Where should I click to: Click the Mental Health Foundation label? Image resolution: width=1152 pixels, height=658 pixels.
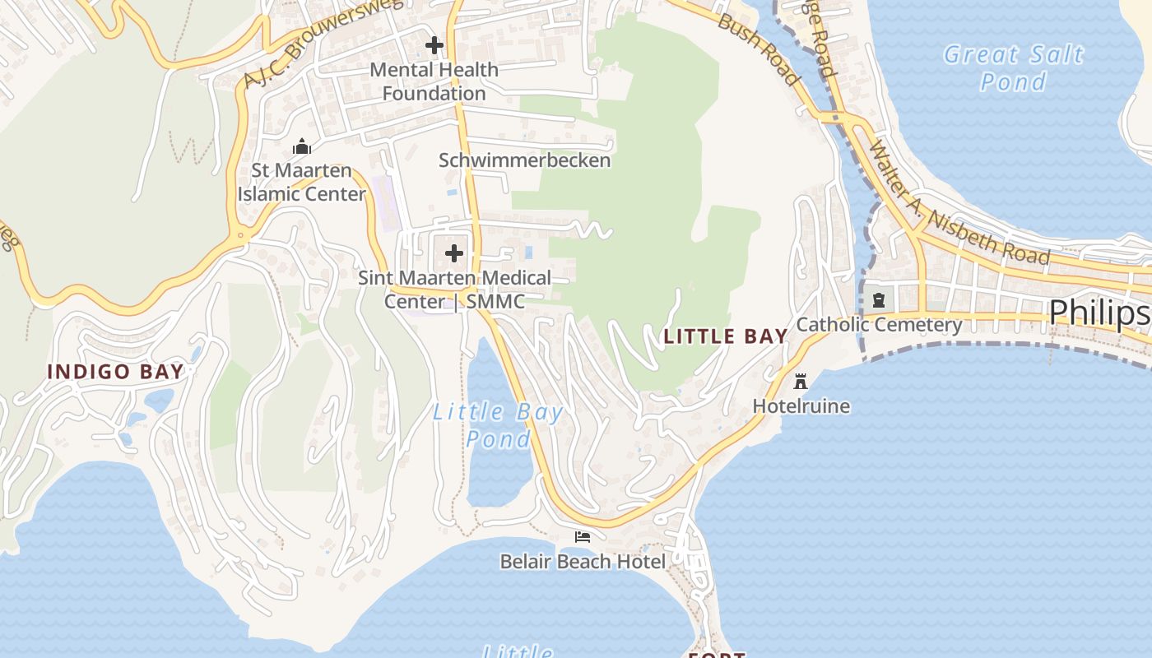coord(434,81)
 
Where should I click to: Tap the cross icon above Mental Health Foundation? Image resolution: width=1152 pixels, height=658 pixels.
coord(434,45)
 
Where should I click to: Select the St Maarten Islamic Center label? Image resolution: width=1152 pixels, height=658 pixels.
coord(302,183)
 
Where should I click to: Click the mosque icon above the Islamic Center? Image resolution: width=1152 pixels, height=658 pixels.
coord(302,147)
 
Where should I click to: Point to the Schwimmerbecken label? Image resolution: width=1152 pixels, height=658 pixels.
coord(524,160)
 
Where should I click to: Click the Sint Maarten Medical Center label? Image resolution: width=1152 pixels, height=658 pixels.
coord(454,290)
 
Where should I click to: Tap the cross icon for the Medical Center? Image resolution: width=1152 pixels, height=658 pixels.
coord(454,253)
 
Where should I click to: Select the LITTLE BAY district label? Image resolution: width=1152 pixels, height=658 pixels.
coord(726,336)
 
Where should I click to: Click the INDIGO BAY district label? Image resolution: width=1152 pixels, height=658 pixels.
coord(115,372)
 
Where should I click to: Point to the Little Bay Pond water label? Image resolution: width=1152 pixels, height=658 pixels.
coord(499,425)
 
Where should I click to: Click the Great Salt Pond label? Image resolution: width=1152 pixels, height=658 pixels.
coord(1014,67)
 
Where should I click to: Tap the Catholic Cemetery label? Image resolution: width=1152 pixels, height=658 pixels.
coord(879,325)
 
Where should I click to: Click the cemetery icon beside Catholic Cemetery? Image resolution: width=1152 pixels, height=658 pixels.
coord(879,299)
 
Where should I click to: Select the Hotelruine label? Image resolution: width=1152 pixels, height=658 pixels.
coord(801,406)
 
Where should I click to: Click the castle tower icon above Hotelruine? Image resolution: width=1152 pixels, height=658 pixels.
coord(801,381)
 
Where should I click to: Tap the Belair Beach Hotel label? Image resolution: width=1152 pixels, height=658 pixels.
coord(583,562)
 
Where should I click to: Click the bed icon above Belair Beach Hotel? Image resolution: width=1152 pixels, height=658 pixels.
coord(583,537)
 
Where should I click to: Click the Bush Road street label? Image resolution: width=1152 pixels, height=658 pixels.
coord(759,49)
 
